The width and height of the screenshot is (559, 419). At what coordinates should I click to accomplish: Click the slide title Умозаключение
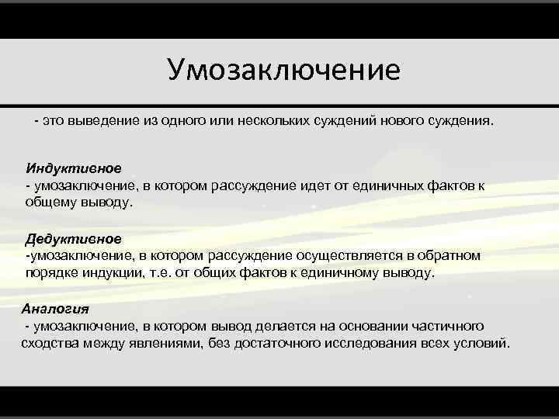tap(283, 70)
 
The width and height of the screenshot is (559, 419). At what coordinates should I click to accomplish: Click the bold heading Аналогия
tap(55, 308)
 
